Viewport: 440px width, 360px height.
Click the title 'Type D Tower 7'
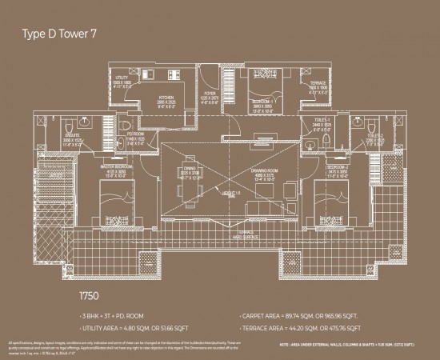pyautogui.click(x=59, y=34)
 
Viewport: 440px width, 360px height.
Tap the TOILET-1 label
pyautogui.click(x=319, y=124)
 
